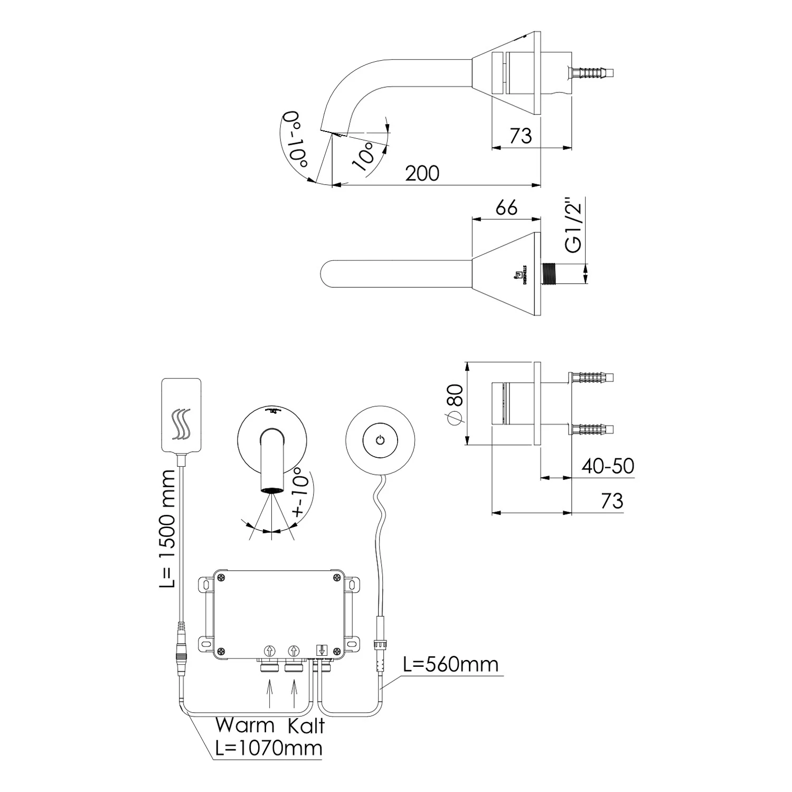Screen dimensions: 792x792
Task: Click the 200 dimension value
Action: click(x=422, y=173)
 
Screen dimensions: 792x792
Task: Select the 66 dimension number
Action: click(x=506, y=208)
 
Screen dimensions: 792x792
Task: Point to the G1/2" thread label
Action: click(x=573, y=225)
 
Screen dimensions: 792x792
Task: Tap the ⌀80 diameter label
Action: click(x=455, y=403)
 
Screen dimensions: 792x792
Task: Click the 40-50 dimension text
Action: click(x=608, y=466)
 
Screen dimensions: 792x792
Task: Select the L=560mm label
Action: click(x=450, y=664)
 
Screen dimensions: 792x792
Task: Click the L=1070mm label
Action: click(x=269, y=748)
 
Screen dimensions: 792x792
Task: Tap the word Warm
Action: click(x=244, y=725)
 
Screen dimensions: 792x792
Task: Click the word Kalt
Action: click(x=306, y=725)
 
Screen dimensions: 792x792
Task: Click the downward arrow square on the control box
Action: click(x=322, y=650)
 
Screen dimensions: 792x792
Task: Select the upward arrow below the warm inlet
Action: click(x=270, y=693)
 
